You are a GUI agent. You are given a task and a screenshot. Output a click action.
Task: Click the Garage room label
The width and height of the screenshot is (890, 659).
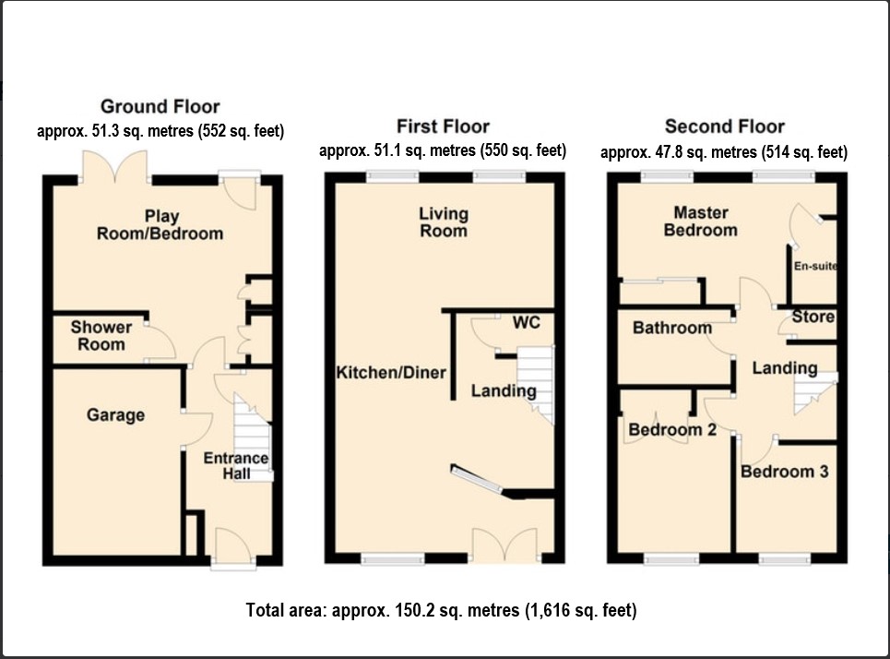[x=115, y=414]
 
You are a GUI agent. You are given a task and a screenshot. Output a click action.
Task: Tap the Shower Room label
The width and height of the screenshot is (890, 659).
[x=101, y=336]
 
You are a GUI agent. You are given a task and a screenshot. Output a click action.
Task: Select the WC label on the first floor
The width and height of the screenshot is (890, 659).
[x=527, y=323]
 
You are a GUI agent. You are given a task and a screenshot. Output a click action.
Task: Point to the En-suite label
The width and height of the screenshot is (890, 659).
[x=815, y=266]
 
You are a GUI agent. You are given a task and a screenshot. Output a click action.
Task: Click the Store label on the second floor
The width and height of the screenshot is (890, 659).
[x=813, y=317]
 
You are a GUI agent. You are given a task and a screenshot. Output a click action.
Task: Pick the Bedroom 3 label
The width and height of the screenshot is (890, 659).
[x=785, y=472]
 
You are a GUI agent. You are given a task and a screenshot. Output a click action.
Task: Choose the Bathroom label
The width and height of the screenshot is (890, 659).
[x=672, y=328]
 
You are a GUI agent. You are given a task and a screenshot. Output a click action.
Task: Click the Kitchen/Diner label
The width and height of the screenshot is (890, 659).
[x=391, y=373]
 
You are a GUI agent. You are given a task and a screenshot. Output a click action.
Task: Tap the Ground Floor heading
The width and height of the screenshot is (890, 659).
[x=160, y=106]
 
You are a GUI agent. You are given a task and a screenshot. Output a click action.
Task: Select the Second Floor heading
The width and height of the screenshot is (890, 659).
[x=725, y=126]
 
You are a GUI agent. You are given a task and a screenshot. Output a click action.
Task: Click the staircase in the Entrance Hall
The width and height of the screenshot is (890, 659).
[x=253, y=437]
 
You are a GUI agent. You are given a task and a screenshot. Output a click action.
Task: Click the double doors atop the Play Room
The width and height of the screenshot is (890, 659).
[x=116, y=167]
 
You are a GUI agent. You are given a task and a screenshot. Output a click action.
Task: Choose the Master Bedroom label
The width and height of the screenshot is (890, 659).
[x=701, y=222]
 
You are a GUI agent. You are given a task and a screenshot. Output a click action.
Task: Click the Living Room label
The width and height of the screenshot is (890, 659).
[x=444, y=222]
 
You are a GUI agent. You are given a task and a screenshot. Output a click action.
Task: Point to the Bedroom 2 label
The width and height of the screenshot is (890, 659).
[x=672, y=429]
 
